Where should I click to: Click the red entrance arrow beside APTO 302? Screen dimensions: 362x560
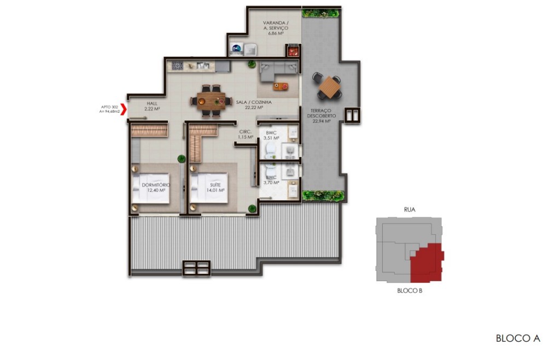click(x=124, y=109)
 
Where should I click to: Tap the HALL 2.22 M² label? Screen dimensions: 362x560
click(x=152, y=106)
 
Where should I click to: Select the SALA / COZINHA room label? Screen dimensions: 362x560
click(x=254, y=104)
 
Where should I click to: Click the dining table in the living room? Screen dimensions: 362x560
click(x=208, y=101)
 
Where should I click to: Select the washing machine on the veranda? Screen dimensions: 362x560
click(x=237, y=49)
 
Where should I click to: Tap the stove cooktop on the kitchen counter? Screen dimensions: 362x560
click(x=178, y=66)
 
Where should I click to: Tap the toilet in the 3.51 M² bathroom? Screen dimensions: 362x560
click(x=269, y=151)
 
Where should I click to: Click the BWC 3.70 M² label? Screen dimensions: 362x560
click(x=271, y=181)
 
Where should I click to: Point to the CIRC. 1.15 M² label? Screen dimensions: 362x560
click(x=246, y=135)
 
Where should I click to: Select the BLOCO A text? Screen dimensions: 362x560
click(x=517, y=338)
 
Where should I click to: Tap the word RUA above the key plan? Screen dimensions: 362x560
click(x=410, y=209)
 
